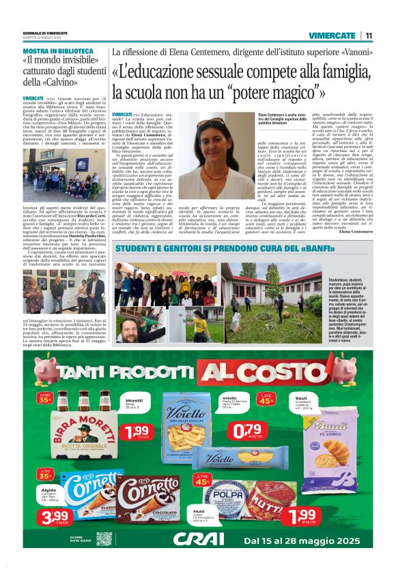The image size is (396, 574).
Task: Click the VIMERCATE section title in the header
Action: pos(332,35)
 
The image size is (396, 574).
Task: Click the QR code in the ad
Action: pos(104,539)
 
